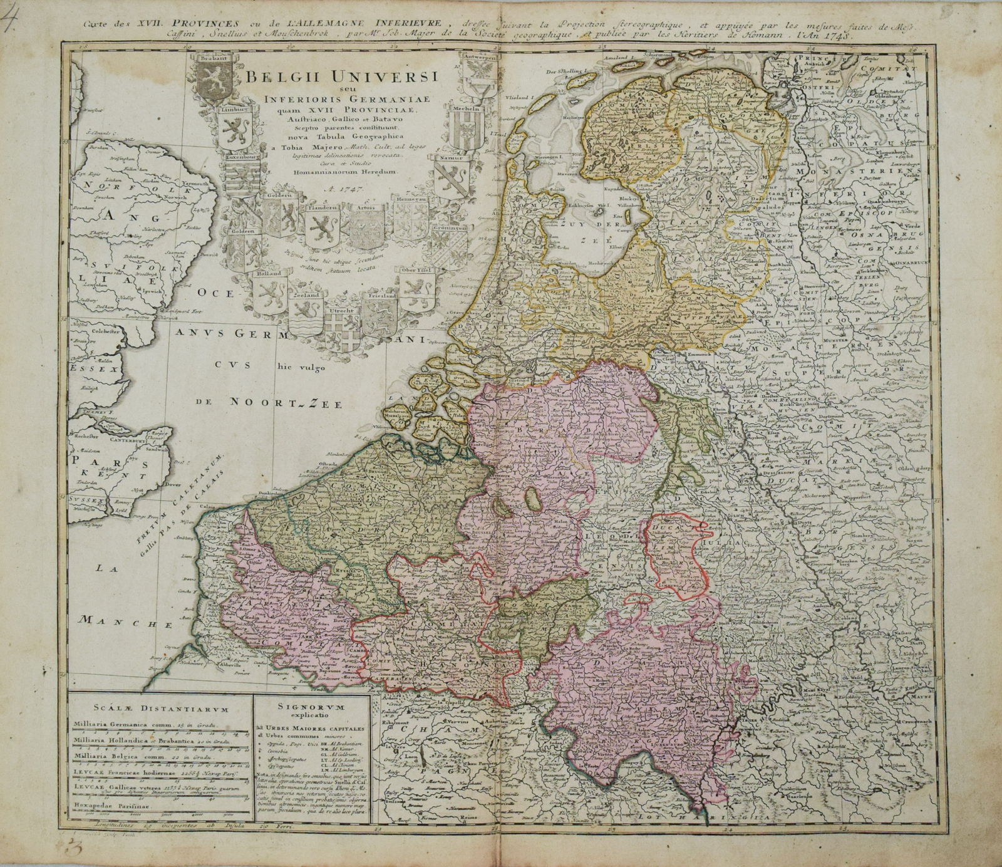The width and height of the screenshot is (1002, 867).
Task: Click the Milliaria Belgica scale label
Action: pyautogui.click(x=115, y=756)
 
